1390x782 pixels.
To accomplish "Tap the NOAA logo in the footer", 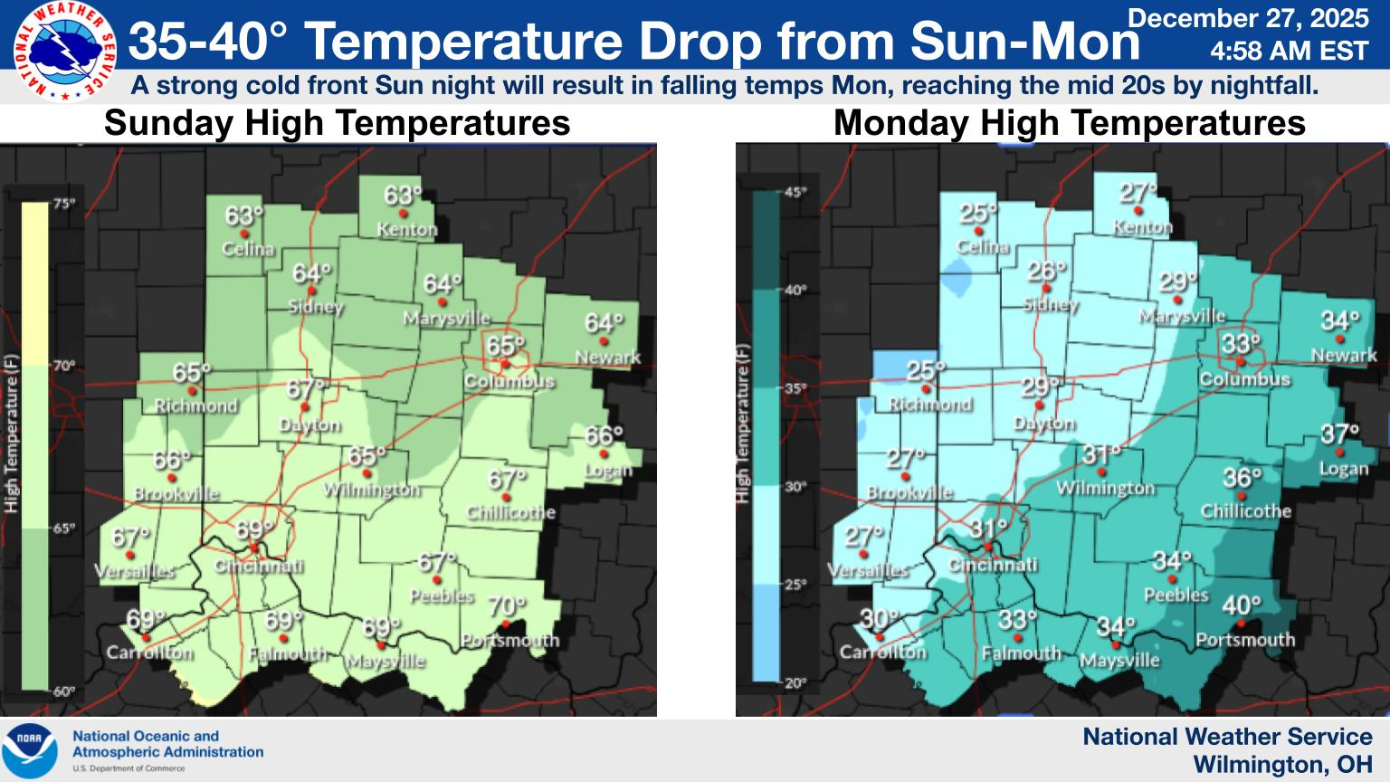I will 29,749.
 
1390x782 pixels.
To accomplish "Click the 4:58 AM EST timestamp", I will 1289,52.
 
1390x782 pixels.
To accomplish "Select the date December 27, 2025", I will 1249,18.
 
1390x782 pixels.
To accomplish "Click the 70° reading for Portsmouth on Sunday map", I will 506,606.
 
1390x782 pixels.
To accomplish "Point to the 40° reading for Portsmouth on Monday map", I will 1242,606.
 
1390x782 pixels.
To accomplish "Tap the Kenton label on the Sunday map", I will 406,230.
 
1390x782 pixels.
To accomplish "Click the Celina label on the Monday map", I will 982,246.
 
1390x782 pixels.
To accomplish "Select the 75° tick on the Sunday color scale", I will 63,204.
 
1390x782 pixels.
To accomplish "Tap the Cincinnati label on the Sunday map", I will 258,567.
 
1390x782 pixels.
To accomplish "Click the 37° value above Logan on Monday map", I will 1340,434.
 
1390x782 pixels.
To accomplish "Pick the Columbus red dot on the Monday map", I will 1242,362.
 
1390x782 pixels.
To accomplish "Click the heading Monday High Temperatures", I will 1069,123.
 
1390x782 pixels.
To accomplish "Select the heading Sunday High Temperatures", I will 337,123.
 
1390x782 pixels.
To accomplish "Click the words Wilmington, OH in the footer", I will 1281,765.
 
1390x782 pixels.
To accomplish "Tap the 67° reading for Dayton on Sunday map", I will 306,389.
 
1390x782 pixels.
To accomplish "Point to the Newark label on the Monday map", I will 1343,355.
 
